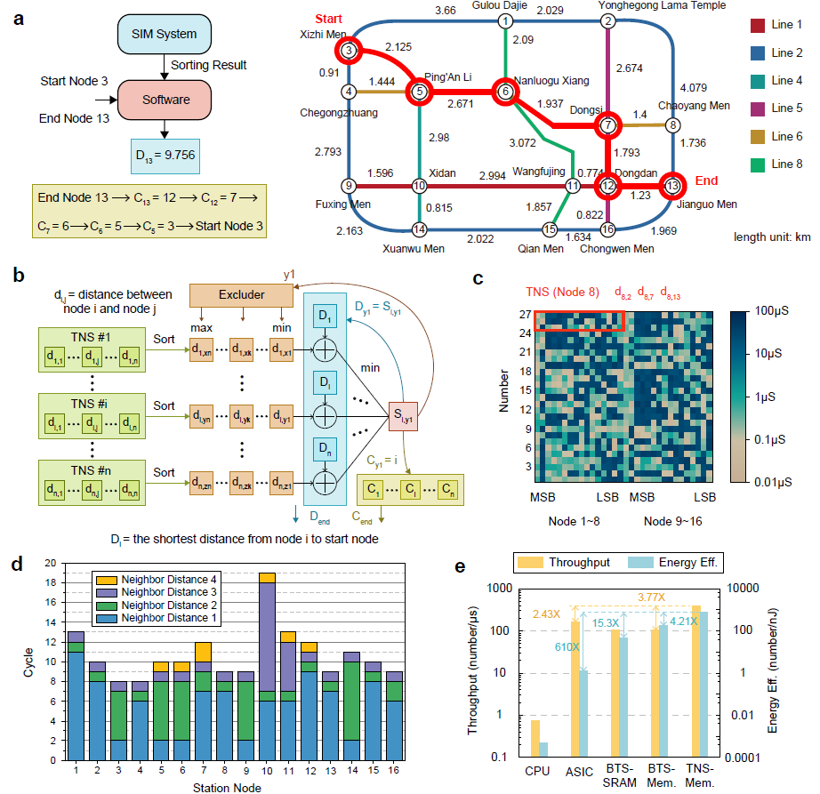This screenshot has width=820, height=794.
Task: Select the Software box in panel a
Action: click(x=166, y=100)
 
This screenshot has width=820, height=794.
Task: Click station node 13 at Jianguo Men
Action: click(x=672, y=185)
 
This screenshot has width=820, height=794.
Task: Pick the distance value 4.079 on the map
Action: click(x=694, y=87)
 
